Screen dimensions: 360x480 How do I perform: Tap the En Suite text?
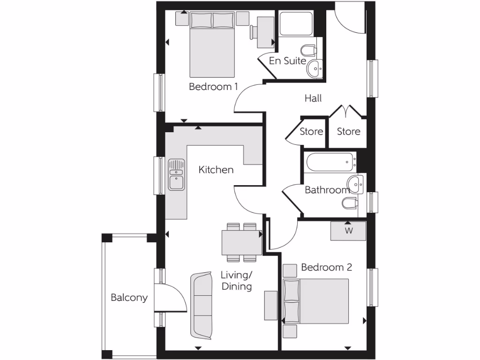[287, 61]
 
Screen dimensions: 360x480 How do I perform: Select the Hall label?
[313, 98]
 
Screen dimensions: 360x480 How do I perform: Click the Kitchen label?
[216, 170]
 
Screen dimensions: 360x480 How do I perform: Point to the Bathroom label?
[327, 190]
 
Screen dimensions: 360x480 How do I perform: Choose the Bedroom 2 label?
[326, 267]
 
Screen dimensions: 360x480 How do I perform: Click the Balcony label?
[129, 297]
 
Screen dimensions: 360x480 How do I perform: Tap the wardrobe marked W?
[348, 231]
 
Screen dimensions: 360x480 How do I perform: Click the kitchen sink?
[176, 174]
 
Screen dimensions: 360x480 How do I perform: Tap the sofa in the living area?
[201, 305]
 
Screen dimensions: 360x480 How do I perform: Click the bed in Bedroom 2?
[316, 301]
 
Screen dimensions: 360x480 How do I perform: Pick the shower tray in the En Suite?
[296, 24]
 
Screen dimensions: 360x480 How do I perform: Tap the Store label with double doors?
[349, 131]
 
